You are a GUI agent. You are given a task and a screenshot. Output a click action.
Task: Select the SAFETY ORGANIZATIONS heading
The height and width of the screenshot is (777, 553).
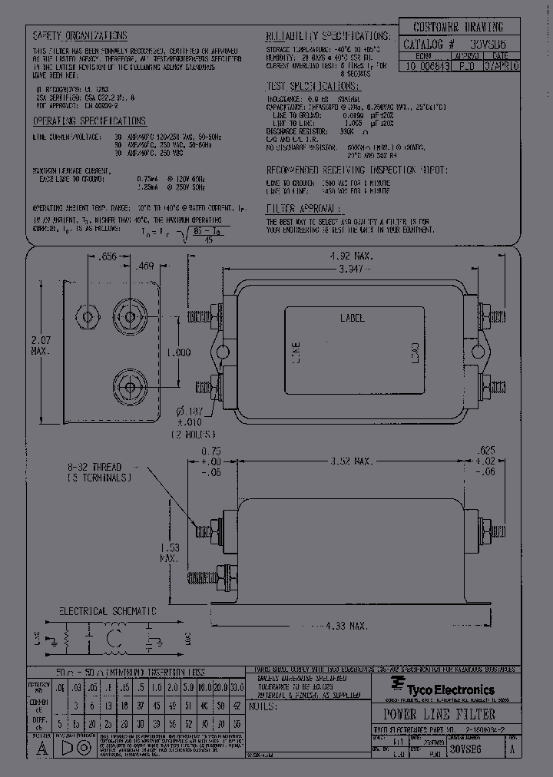coord(79,36)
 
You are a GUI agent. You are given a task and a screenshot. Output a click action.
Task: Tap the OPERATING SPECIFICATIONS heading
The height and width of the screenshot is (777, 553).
coord(90,121)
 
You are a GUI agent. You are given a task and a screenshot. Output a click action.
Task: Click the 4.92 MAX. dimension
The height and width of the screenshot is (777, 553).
coord(352,256)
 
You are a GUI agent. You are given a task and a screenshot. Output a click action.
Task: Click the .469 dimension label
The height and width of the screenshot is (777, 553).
coord(144,267)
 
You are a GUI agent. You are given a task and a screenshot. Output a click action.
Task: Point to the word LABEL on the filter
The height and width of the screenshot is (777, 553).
coord(352,318)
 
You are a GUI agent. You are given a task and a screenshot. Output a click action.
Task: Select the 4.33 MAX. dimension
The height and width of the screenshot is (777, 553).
coord(346,627)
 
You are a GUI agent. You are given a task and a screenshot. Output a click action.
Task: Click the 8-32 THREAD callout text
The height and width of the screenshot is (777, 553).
coord(95,466)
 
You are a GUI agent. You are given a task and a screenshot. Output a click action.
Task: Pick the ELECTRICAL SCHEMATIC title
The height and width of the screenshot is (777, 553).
coord(108,611)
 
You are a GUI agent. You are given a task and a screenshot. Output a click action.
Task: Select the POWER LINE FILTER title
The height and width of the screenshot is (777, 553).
coord(434,714)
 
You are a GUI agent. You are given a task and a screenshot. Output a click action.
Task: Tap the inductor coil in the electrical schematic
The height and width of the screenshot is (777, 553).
coord(118,637)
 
